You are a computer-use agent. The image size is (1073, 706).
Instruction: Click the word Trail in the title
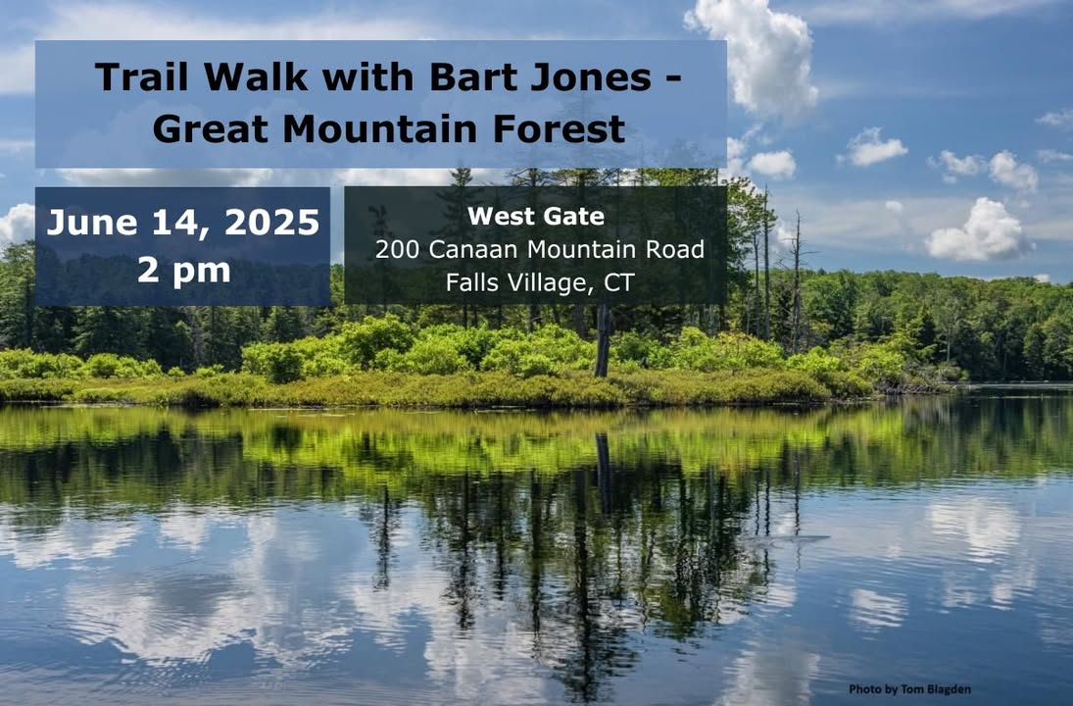click(142, 76)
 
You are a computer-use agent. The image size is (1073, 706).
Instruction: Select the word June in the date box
click(92, 223)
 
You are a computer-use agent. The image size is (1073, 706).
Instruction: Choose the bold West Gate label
click(536, 217)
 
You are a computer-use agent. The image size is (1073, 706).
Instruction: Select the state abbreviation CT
click(618, 282)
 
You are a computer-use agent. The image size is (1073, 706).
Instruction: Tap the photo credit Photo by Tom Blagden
click(909, 689)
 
